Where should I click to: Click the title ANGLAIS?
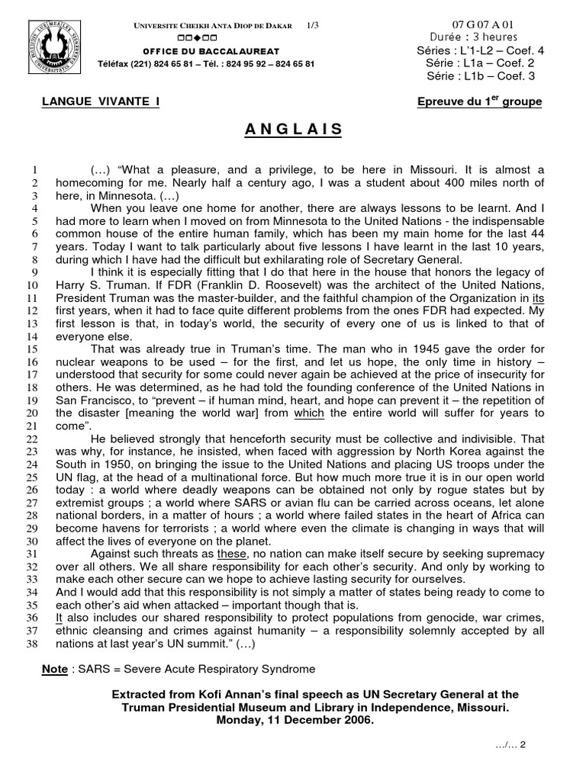click(x=294, y=130)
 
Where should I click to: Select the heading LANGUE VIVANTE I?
click(x=101, y=101)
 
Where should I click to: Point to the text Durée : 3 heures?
click(x=474, y=37)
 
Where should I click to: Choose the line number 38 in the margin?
click(x=32, y=643)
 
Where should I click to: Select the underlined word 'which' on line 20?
click(x=309, y=413)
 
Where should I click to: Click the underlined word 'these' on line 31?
click(x=232, y=554)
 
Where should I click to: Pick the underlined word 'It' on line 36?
click(x=60, y=618)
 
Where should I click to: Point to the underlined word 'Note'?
click(x=55, y=669)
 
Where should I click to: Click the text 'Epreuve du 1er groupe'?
click(x=480, y=101)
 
